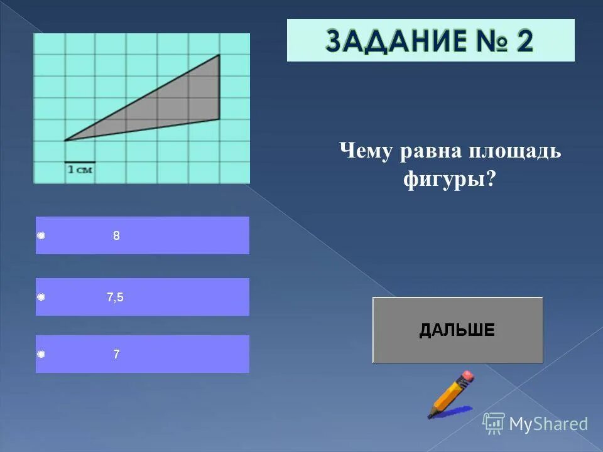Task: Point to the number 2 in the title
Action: coord(524,41)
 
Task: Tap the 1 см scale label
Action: coord(80,169)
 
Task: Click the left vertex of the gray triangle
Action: coord(65,141)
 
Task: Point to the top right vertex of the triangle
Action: coord(219,55)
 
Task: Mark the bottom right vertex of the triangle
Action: coord(219,119)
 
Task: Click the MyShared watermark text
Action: coord(548,424)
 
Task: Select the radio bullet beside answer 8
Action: coord(41,236)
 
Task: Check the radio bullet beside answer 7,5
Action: coord(41,298)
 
